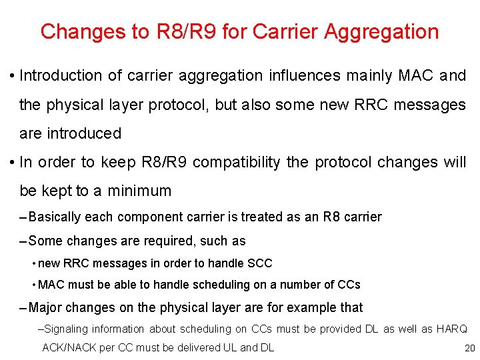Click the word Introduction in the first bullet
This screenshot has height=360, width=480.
(61, 76)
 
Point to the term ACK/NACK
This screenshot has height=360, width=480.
(69, 347)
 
